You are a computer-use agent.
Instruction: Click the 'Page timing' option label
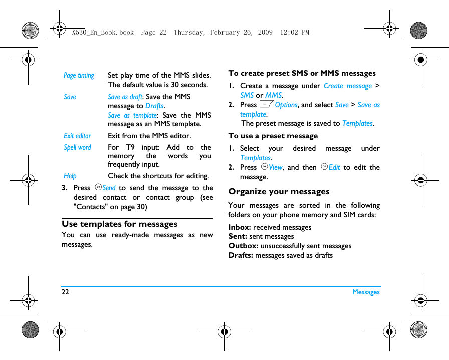pos(79,76)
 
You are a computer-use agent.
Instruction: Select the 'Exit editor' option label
pos(77,136)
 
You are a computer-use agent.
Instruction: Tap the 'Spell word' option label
pos(77,147)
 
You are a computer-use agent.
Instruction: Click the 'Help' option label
pos(70,176)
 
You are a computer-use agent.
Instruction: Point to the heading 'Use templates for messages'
pos(119,224)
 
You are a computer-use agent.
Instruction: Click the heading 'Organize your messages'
pos(279,191)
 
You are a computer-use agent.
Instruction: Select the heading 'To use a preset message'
pos(273,136)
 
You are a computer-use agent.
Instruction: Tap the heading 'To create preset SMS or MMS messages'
pos(302,73)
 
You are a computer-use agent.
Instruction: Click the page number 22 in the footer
pos(65,292)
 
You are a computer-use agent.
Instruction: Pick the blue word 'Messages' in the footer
pos(366,292)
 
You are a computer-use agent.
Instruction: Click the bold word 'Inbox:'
pos(240,227)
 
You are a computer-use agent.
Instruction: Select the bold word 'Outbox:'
pos(243,246)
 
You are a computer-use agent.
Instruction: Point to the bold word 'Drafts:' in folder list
pos(241,255)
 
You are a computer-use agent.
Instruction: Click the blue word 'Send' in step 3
pos(109,188)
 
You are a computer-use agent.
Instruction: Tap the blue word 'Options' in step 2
pos(286,105)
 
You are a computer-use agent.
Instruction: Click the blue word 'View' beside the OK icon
pos(276,167)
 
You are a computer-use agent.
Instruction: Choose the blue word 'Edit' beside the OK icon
pos(334,167)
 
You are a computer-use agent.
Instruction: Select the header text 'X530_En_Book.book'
pos(103,32)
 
